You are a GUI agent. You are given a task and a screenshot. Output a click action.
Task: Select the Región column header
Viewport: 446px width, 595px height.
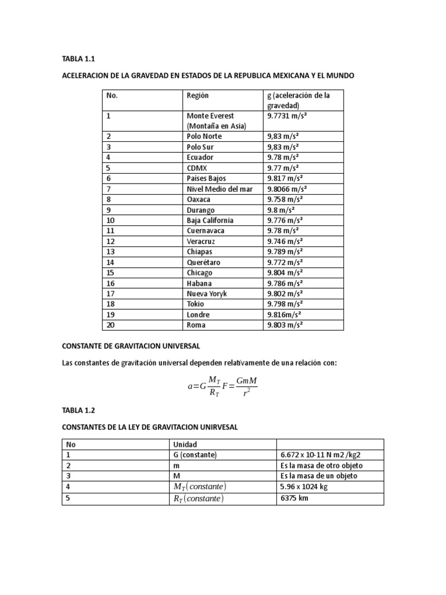coord(197,95)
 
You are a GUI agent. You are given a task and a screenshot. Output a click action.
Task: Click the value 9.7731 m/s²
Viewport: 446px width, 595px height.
coord(287,116)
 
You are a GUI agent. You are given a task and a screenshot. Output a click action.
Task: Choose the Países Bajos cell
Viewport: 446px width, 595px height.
coord(206,178)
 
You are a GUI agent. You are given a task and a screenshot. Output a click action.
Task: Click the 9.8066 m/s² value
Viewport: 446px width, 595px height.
coord(287,189)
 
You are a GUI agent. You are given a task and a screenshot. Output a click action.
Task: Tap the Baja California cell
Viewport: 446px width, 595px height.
coord(210,220)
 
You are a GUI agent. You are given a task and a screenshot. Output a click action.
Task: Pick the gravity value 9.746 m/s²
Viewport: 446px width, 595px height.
coord(285,241)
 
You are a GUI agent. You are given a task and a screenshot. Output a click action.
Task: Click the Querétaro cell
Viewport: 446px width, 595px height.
coord(203,262)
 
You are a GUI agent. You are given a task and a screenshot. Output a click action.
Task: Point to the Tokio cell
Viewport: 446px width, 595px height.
coord(195,304)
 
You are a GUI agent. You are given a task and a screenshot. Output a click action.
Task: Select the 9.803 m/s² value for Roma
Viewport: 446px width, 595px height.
coord(285,325)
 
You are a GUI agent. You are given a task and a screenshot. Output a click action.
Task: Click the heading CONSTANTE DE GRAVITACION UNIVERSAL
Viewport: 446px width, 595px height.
coord(131,346)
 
